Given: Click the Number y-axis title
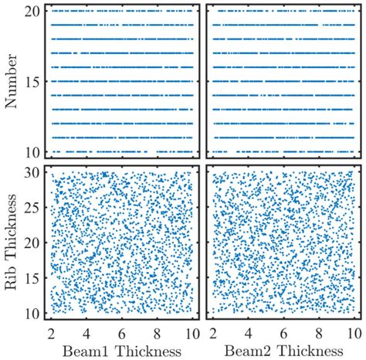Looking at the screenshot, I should pyautogui.click(x=12, y=81).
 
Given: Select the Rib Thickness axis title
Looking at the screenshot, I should pyautogui.click(x=12, y=243).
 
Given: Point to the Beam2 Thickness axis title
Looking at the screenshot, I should pyautogui.click(x=281, y=350).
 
